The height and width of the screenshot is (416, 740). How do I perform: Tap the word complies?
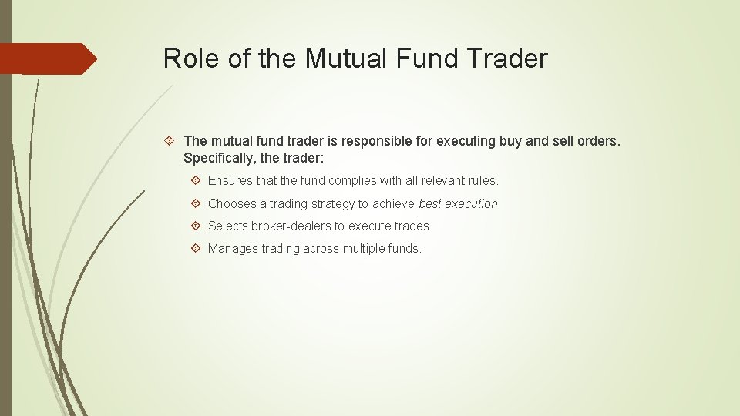coord(354,181)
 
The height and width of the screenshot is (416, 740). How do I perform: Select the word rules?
coord(484,181)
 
